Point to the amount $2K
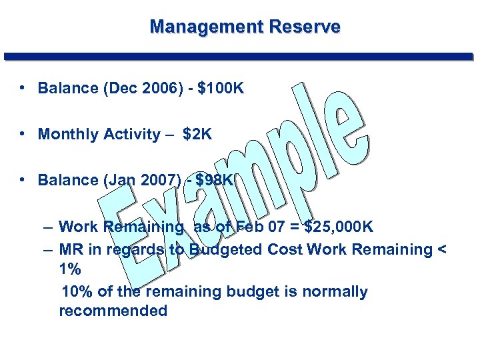tap(197, 134)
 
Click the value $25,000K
tap(339, 227)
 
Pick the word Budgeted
tap(225, 249)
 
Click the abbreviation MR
tap(70, 249)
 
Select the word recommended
tap(113, 311)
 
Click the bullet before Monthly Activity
tap(23, 133)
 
